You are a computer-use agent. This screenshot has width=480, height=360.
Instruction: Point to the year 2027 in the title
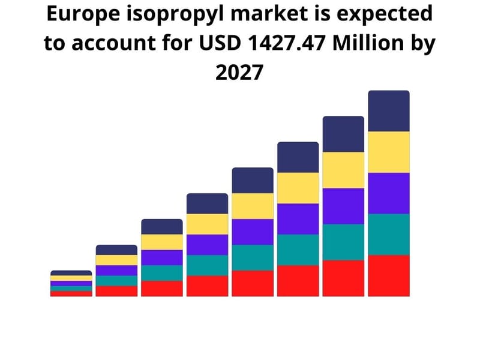coord(239,73)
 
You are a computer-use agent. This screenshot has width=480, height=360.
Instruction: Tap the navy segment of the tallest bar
coord(389,111)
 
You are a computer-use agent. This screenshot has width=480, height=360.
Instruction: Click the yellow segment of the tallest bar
coord(389,152)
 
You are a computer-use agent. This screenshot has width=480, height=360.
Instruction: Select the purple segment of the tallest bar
coord(389,193)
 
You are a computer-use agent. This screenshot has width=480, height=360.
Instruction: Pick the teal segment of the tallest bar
coord(389,235)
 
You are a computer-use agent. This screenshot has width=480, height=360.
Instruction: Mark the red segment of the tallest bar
coord(389,275)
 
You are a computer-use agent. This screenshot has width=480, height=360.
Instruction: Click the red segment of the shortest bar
coord(71,293)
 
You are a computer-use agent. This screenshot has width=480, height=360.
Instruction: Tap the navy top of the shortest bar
coord(71,273)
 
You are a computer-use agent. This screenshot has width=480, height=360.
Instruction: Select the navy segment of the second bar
coord(116,250)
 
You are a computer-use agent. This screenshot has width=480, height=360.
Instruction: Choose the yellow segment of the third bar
coord(162,242)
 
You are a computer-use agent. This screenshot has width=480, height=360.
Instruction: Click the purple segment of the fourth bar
coord(207,245)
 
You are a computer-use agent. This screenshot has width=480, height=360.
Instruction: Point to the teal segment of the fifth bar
coord(253,257)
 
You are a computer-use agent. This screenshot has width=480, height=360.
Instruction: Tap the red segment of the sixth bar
coord(298,281)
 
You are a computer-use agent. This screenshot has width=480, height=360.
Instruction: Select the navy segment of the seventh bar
coord(343,134)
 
